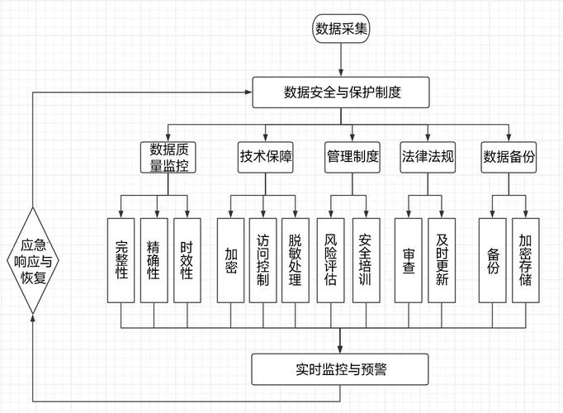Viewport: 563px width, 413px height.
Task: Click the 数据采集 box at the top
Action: [342, 29]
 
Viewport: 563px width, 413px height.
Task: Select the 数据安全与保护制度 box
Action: [342, 92]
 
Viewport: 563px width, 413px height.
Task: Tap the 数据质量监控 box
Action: [168, 157]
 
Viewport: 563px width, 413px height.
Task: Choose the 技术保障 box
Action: [266, 157]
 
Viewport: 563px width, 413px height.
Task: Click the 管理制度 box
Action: [352, 157]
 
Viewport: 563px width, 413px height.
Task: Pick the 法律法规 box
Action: [428, 157]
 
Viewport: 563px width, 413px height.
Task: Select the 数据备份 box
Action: [509, 157]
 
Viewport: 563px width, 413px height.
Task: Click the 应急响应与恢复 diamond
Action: [34, 260]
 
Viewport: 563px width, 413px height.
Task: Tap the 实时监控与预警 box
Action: [341, 369]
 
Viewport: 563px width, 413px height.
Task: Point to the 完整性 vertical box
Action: [121, 260]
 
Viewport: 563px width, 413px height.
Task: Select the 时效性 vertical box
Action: [186, 260]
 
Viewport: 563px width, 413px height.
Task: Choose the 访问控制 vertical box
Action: [263, 260]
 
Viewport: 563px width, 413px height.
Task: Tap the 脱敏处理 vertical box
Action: [295, 260]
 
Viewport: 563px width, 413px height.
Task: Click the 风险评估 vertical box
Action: [331, 260]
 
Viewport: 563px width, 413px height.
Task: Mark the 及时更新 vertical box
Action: [441, 260]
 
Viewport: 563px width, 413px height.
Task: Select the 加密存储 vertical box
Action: [525, 260]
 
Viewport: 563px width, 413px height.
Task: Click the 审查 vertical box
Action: [408, 260]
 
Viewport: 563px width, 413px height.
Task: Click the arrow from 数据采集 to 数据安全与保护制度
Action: [342, 60]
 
